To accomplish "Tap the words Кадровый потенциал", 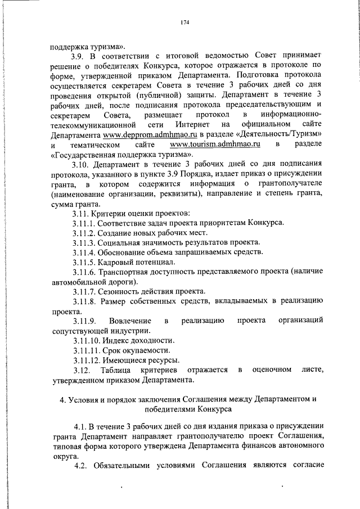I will [138, 262].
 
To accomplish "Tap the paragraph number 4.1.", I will [79, 429].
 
